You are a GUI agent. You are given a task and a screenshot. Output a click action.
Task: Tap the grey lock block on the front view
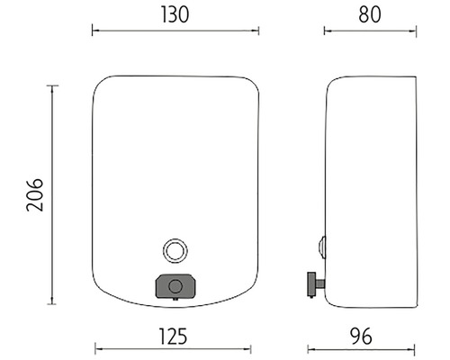(x=174, y=286)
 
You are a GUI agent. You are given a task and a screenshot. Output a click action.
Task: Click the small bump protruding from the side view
(x=321, y=245)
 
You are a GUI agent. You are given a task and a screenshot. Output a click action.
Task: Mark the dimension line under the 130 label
(x=175, y=32)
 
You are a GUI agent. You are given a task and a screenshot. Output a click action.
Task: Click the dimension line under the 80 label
(x=370, y=32)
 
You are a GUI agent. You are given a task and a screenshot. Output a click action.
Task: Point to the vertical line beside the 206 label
(x=55, y=193)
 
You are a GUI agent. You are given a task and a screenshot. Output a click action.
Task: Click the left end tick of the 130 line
(x=93, y=32)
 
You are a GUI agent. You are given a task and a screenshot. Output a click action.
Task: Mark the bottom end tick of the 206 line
(x=55, y=303)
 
